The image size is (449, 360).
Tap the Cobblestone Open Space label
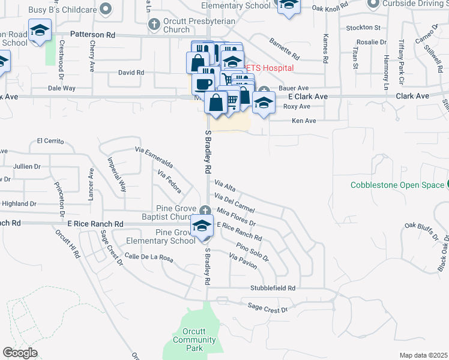coord(397,185)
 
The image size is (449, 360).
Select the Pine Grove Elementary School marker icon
coord(202,226)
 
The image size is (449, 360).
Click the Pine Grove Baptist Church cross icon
coord(206,210)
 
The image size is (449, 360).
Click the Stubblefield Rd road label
coord(273,288)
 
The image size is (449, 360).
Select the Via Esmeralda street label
coord(154,157)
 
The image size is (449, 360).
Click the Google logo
coord(20,353)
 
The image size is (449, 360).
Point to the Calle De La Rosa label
coord(148,259)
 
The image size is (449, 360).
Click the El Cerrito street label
coord(50,141)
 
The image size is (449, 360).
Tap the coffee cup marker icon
coord(204,83)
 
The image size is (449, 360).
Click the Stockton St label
coord(364,28)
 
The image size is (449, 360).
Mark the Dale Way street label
coord(62,88)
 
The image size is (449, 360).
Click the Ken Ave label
coord(303,121)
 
